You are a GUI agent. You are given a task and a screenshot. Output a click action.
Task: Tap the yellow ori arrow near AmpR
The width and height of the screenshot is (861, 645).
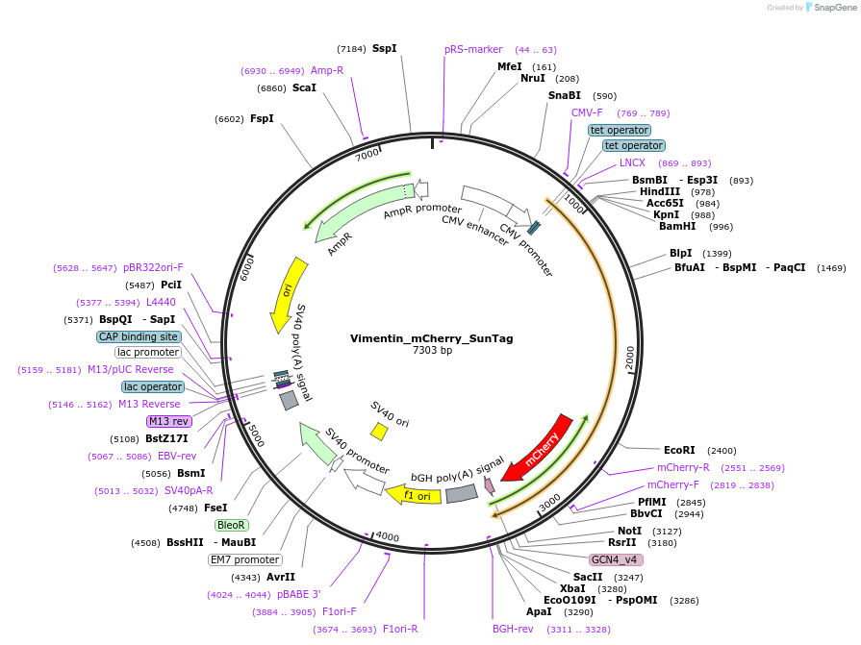click(290, 292)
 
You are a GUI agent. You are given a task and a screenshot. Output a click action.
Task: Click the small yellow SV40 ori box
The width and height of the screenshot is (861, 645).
click(379, 432)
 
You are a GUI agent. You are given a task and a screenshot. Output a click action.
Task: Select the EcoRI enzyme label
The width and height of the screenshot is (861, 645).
click(679, 450)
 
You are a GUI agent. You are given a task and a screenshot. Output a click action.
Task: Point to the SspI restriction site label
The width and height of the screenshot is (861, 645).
click(385, 48)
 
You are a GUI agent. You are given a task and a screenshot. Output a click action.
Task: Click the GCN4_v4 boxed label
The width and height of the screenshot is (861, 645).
click(616, 559)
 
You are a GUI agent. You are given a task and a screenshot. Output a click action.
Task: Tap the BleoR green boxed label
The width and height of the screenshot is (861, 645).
click(232, 525)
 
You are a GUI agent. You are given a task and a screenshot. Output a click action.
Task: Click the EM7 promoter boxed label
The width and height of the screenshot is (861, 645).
click(244, 559)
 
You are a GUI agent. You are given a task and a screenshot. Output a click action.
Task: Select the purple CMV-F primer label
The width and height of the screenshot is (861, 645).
click(587, 112)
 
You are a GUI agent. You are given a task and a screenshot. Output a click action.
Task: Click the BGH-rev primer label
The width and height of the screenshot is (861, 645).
click(513, 629)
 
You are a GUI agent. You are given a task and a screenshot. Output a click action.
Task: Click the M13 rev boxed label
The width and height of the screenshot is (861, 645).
click(168, 421)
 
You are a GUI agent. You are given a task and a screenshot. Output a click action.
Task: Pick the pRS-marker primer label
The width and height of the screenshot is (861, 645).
click(473, 50)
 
